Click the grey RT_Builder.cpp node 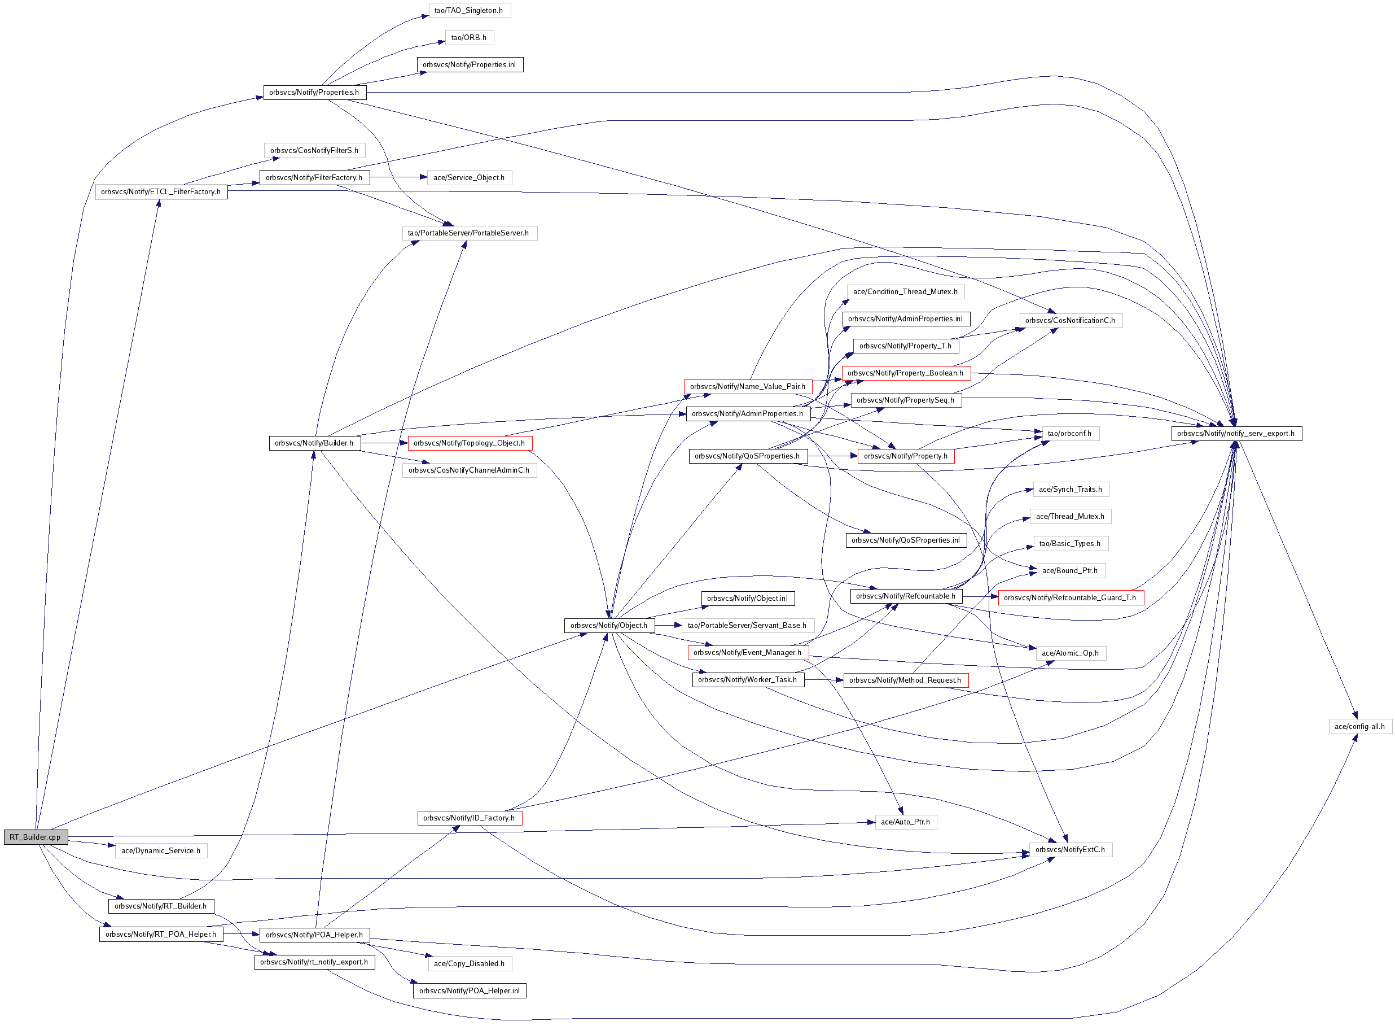[36, 837]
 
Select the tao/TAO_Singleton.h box [469, 11]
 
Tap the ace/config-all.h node [1359, 726]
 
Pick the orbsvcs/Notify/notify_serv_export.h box [1235, 433]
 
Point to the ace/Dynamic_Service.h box [161, 850]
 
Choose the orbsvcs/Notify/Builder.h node [314, 443]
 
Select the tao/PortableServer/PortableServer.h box [468, 233]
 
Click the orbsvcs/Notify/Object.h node [609, 625]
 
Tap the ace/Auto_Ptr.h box [905, 822]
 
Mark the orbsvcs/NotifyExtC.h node [1070, 850]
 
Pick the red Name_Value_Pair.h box [748, 387]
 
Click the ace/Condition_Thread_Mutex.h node [905, 292]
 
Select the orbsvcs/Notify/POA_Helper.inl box [469, 990]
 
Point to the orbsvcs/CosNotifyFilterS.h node [314, 150]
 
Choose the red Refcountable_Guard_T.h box [1070, 598]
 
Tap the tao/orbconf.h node [1070, 433]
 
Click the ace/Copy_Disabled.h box [469, 963]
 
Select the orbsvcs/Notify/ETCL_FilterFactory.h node [161, 192]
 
